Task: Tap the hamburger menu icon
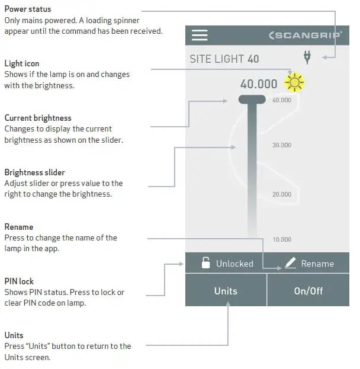pyautogui.click(x=200, y=36)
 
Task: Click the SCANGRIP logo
pyautogui.click(x=305, y=36)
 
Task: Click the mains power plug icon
pyautogui.click(x=307, y=57)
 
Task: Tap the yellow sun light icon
pyautogui.click(x=294, y=83)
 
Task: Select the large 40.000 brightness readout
pyautogui.click(x=259, y=84)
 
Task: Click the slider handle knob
pyautogui.click(x=252, y=100)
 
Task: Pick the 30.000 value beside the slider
pyautogui.click(x=281, y=145)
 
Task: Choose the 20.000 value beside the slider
pyautogui.click(x=281, y=194)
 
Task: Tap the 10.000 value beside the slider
pyautogui.click(x=281, y=240)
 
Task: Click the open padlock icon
pyautogui.click(x=205, y=264)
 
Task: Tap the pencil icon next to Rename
pyautogui.click(x=290, y=264)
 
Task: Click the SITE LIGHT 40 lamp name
pyautogui.click(x=224, y=59)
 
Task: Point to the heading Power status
pyautogui.click(x=27, y=9)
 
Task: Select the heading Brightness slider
pyautogui.click(x=34, y=173)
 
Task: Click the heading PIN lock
pyautogui.click(x=19, y=281)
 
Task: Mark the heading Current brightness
pyautogui.click(x=38, y=118)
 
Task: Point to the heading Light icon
pyautogui.click(x=22, y=64)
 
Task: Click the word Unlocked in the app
pyautogui.click(x=234, y=264)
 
